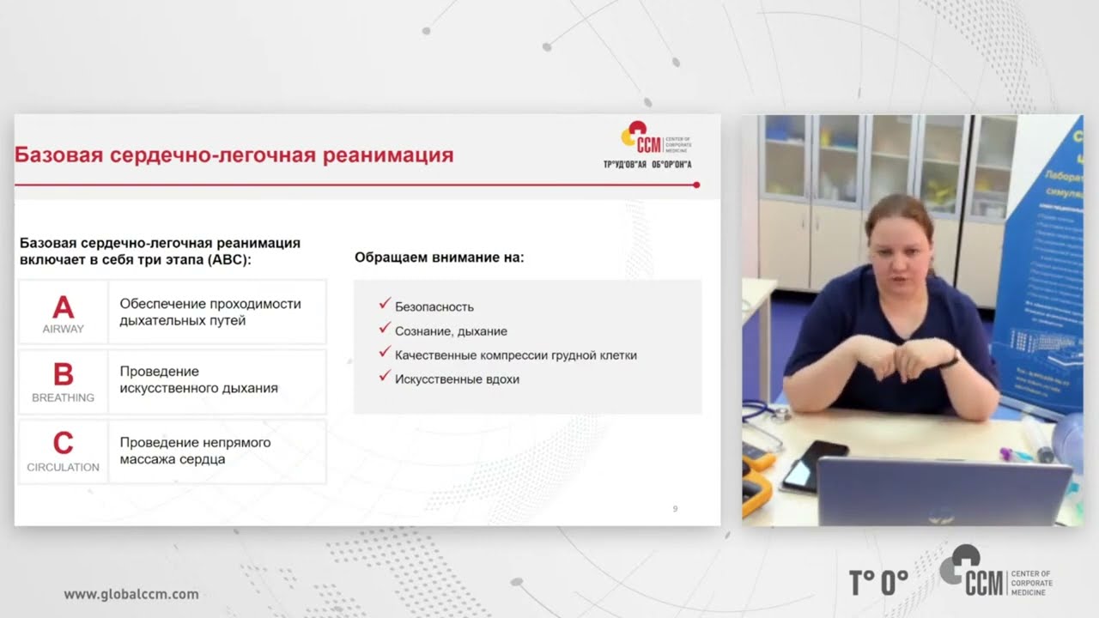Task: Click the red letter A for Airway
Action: (63, 306)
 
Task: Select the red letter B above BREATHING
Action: (63, 374)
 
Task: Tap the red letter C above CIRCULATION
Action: (63, 443)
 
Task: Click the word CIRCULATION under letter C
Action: (63, 467)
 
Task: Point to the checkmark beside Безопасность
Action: (384, 305)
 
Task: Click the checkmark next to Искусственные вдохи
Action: (384, 377)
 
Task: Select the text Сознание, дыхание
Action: (451, 330)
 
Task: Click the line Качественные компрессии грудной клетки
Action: (515, 354)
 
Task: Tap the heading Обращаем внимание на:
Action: (439, 257)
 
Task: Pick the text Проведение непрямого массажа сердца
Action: (195, 451)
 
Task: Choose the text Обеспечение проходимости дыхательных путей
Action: (210, 312)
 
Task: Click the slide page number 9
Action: (675, 509)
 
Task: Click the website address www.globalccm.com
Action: (131, 594)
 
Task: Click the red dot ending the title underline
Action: (696, 185)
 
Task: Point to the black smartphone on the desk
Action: (813, 464)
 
